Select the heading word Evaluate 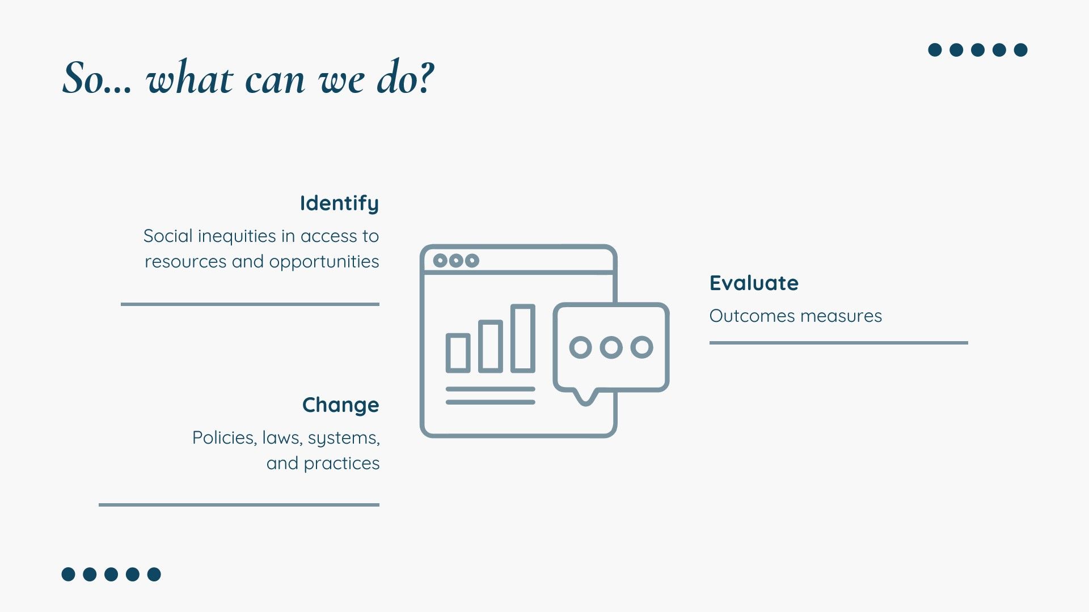tap(754, 283)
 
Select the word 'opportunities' tap(324, 262)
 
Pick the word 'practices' tap(341, 464)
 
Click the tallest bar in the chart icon tap(523, 338)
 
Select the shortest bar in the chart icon tap(458, 353)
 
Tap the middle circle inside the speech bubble tap(611, 347)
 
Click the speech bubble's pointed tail tap(585, 399)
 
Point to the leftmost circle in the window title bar tap(440, 261)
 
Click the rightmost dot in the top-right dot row tap(1020, 50)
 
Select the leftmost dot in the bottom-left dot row tap(68, 574)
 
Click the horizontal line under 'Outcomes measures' tap(838, 343)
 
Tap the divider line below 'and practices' tap(239, 504)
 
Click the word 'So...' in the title tap(97, 78)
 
